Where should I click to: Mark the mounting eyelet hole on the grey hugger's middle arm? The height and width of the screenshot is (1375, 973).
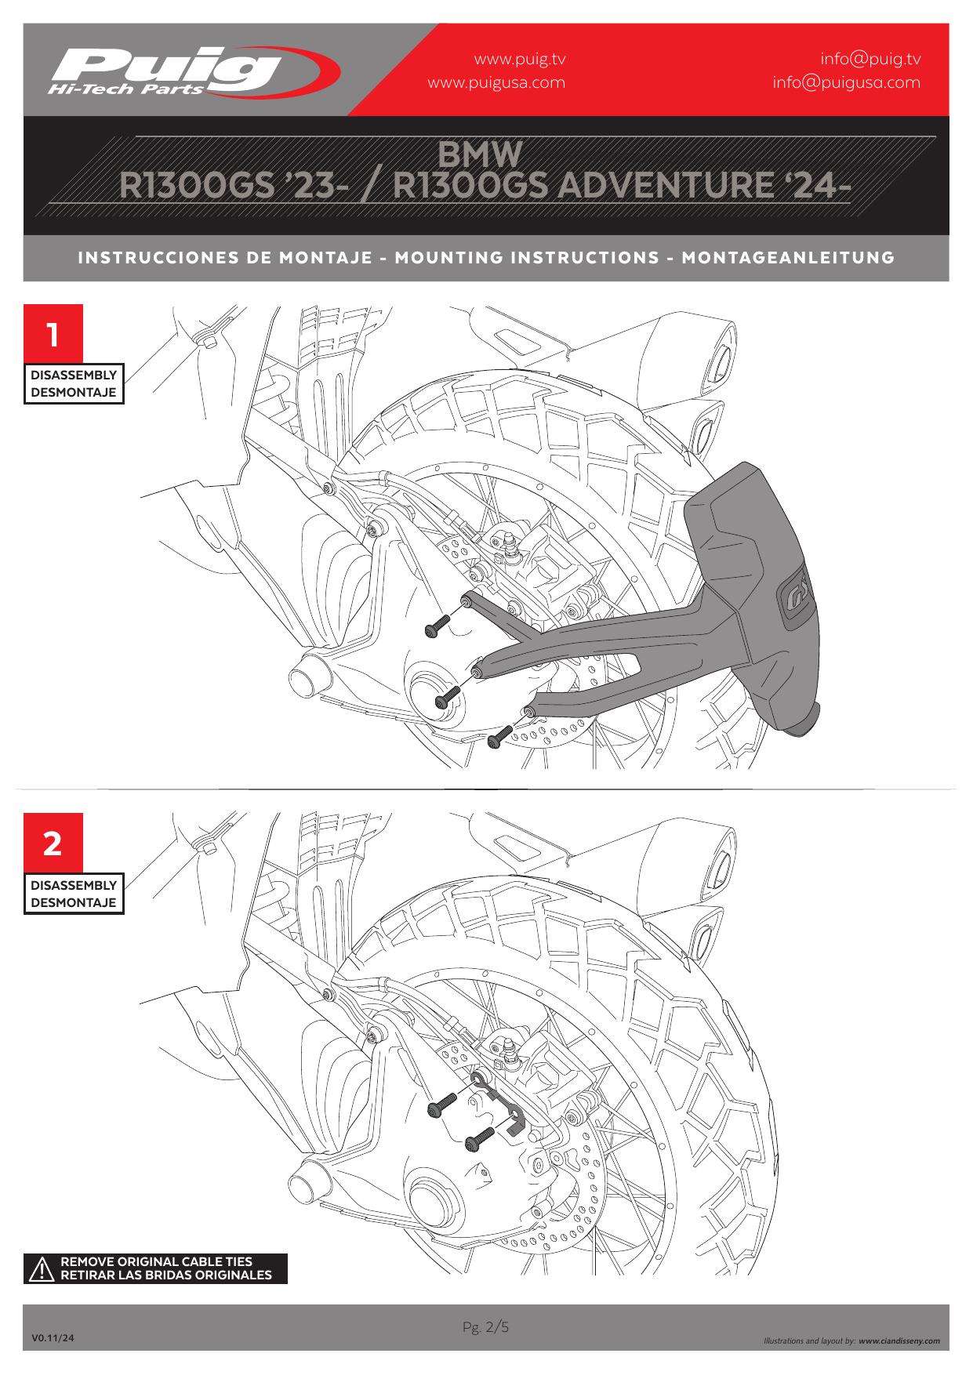476,672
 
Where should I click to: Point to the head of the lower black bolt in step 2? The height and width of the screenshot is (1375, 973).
470,1145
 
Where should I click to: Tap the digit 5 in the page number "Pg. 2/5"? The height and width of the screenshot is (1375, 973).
505,1326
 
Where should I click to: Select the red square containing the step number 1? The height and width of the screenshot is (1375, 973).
53,334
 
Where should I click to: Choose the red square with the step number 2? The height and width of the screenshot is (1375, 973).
53,844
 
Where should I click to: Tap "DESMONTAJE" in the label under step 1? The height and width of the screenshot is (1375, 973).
73,392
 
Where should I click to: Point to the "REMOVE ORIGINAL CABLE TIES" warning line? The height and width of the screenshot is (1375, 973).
157,1262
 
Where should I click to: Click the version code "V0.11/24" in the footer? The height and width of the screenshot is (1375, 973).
53,1339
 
